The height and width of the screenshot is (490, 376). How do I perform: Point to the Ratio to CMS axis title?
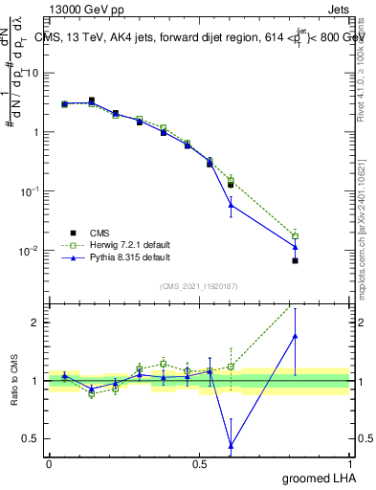(x=14, y=381)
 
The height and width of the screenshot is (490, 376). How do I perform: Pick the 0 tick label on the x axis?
(x=49, y=462)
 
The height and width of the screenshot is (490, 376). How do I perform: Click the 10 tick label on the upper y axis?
(x=32, y=73)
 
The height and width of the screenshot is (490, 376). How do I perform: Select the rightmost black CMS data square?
(x=296, y=260)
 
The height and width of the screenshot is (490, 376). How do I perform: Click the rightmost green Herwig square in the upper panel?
(x=296, y=235)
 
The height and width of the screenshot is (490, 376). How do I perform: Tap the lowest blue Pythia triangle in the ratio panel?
(x=231, y=445)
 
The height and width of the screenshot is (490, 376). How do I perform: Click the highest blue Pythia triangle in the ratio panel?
(x=296, y=335)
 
